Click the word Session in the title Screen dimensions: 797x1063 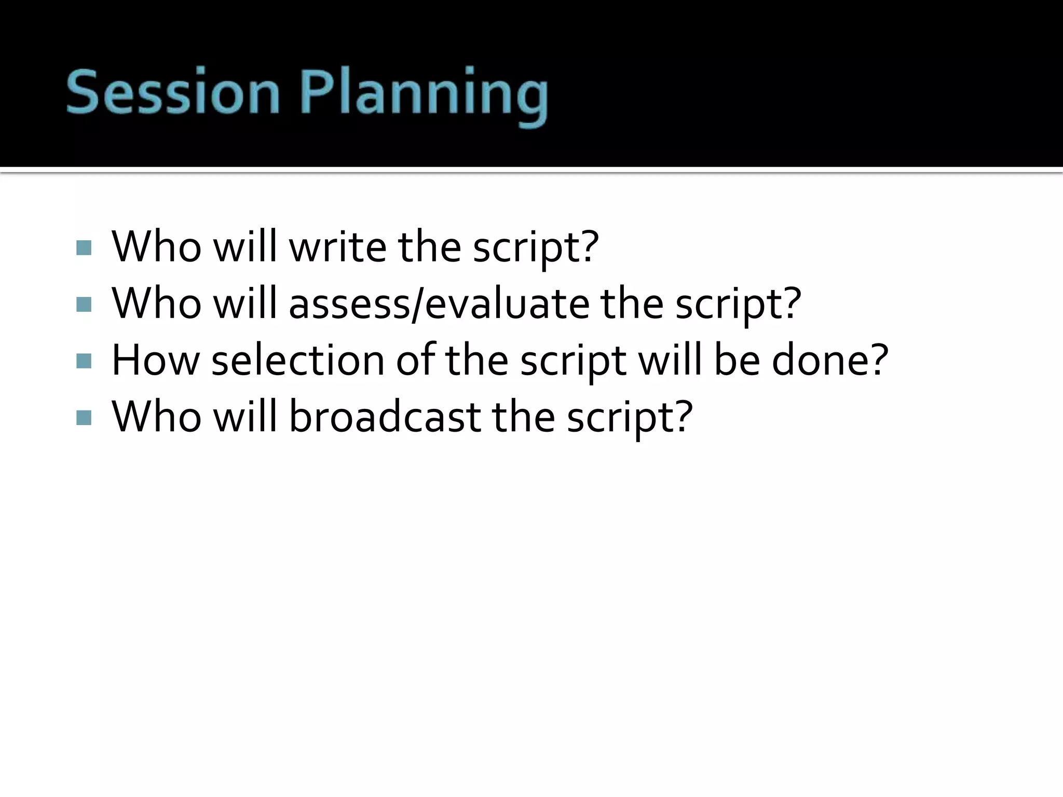173,92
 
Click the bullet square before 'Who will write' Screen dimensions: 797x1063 84,248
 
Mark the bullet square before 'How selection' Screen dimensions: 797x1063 84,361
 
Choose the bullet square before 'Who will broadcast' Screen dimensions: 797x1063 84,417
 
